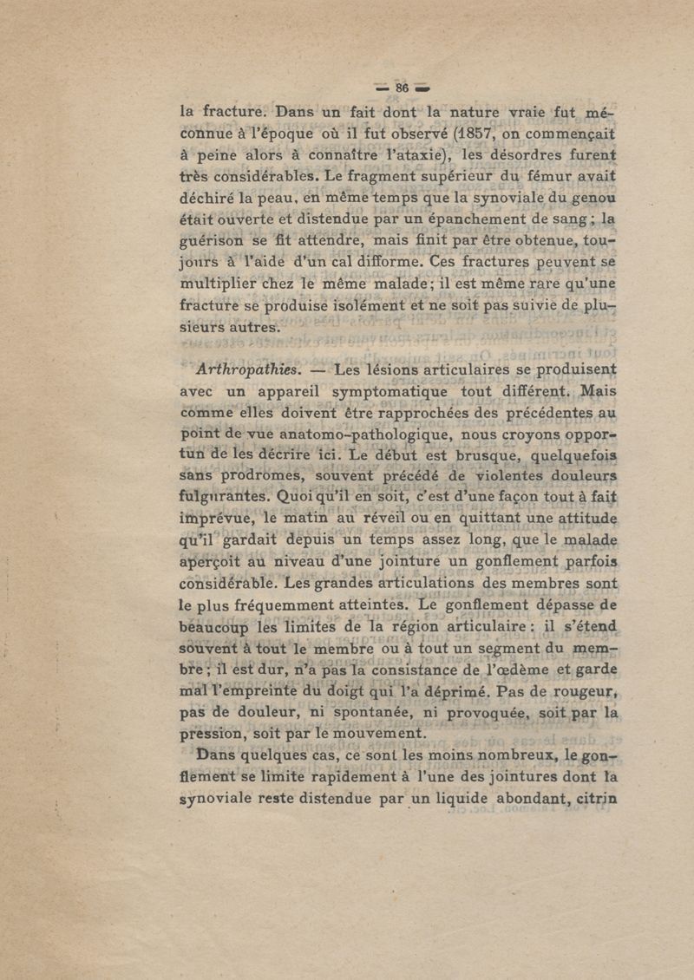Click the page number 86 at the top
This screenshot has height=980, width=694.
click(x=402, y=88)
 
